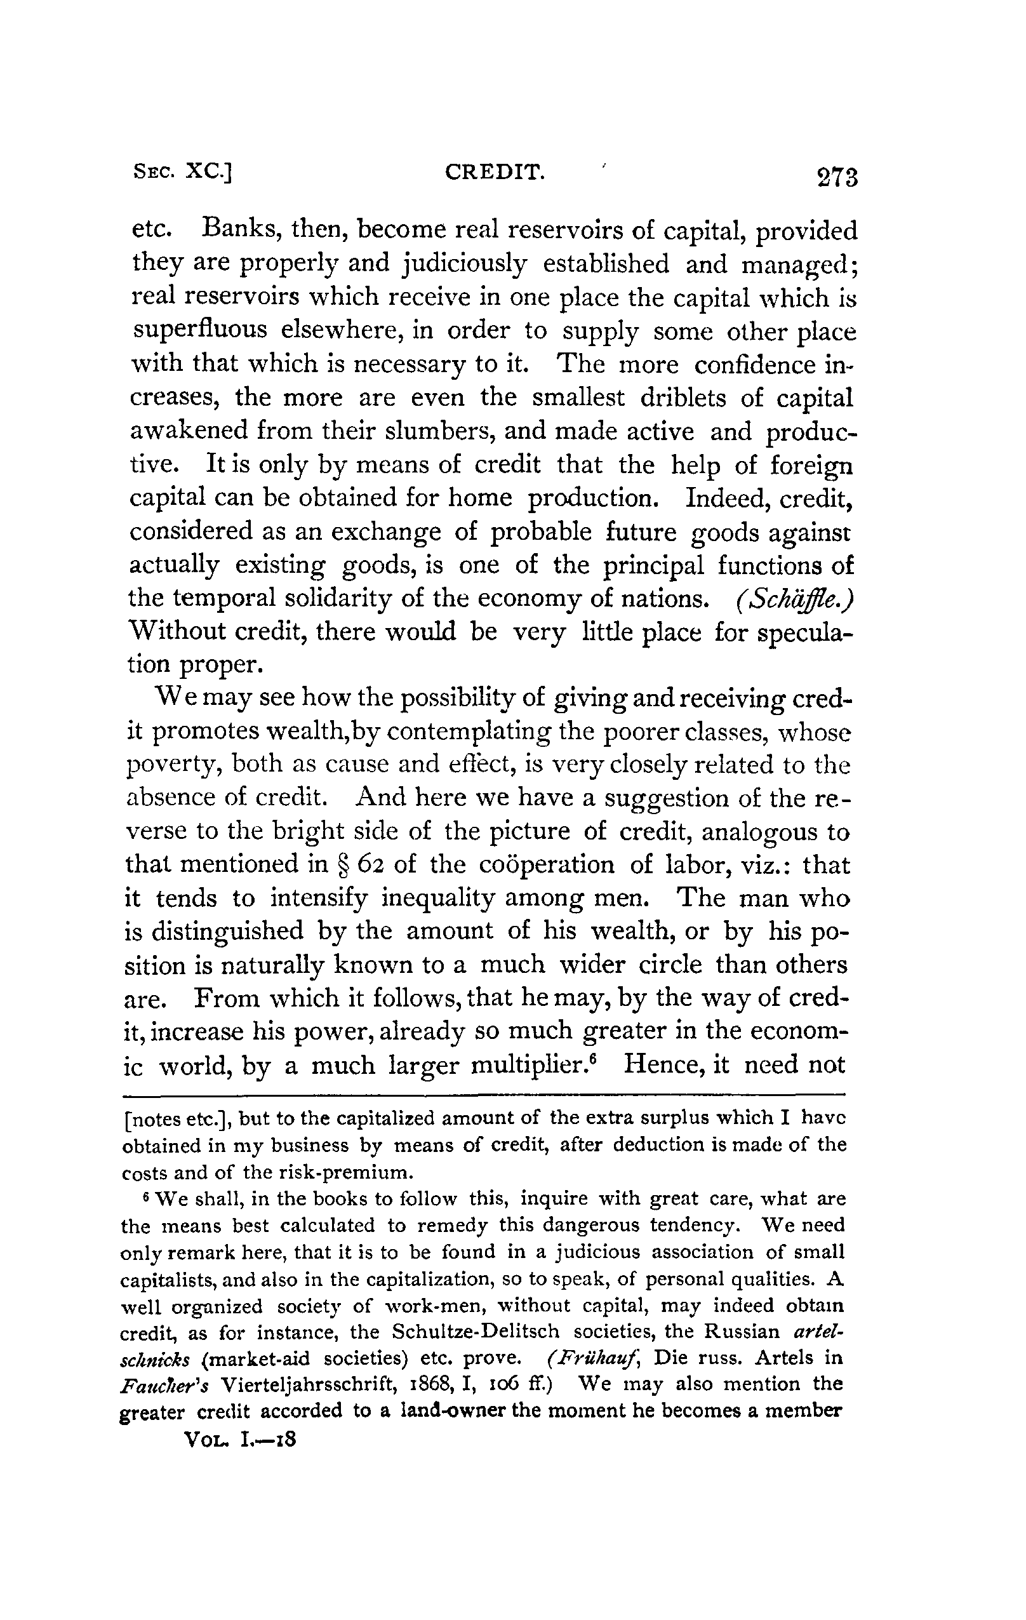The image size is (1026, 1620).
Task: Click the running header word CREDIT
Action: pos(495,173)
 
